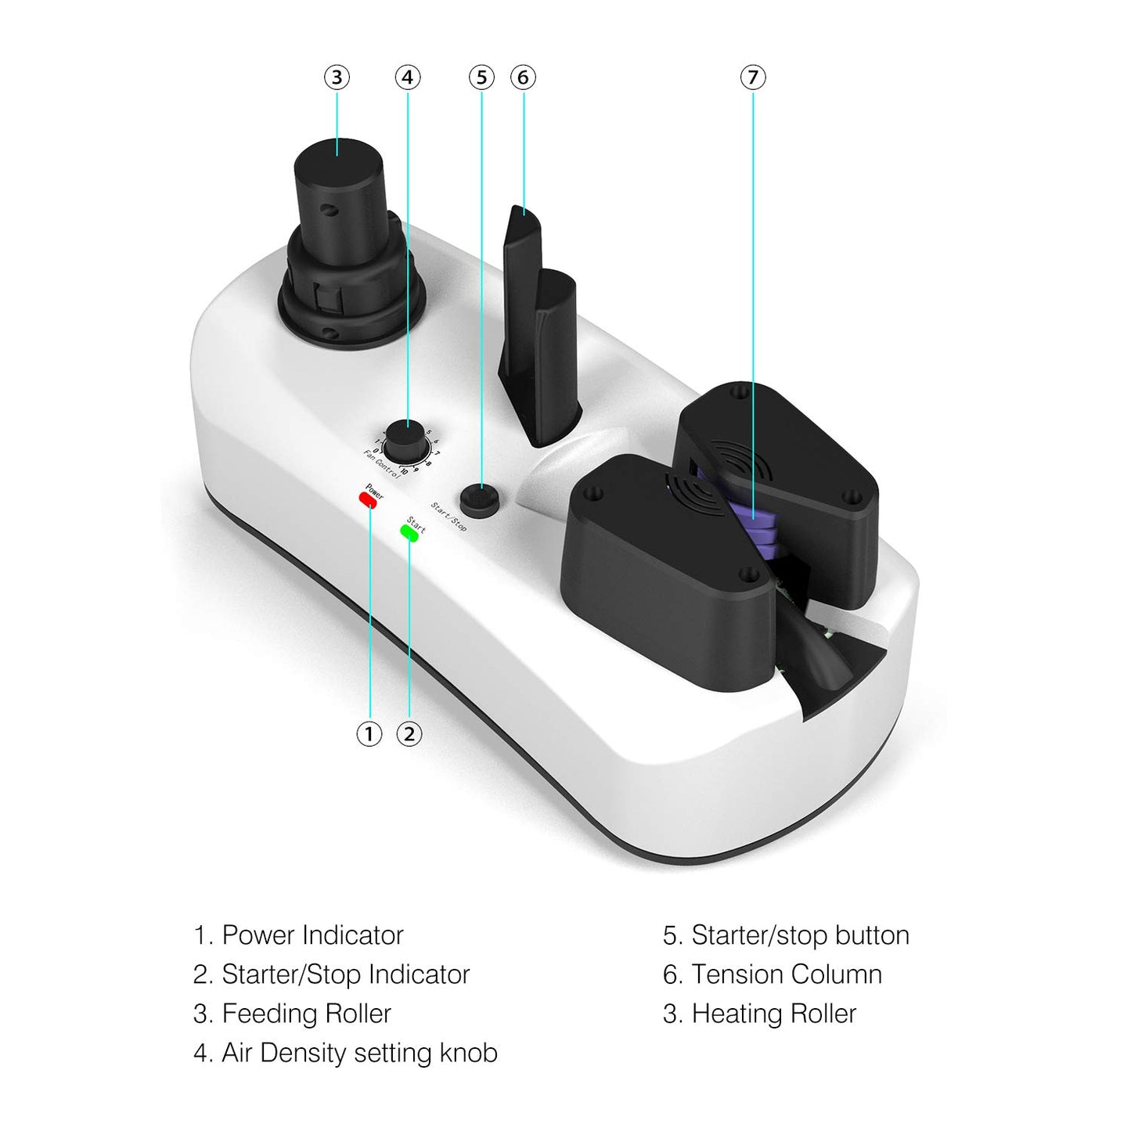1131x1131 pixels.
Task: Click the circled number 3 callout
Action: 337,77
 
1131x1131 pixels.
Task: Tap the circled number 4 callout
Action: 408,77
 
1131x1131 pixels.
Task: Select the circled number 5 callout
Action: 481,77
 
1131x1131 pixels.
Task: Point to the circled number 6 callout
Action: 523,77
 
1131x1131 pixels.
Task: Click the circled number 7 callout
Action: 753,77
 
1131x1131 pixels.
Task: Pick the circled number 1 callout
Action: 369,733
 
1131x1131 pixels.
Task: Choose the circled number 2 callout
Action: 409,733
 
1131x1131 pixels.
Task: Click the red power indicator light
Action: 368,499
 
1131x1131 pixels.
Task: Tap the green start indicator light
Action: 409,533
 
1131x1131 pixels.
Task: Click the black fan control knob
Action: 406,441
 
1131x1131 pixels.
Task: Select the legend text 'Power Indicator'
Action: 313,935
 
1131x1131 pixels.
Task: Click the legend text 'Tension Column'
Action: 787,975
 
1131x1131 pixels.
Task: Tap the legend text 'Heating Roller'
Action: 774,1014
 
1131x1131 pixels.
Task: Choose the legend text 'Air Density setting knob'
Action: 360,1054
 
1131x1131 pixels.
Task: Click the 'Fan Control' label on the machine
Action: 381,464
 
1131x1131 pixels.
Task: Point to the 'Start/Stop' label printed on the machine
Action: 449,517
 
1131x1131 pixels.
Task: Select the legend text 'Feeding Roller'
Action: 306,1014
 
